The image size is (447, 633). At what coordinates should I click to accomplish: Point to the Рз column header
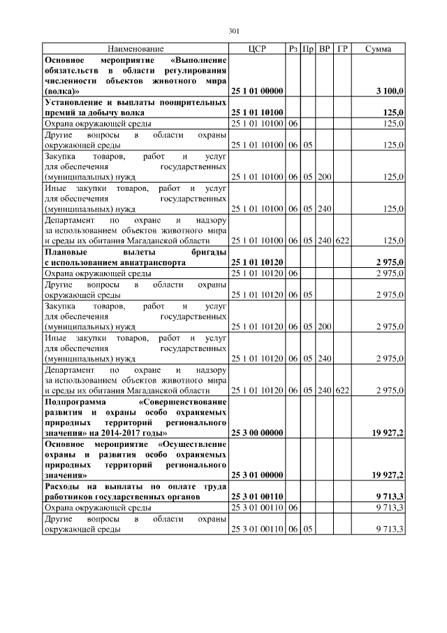pyautogui.click(x=293, y=49)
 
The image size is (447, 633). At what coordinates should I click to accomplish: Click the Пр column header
pyautogui.click(x=308, y=49)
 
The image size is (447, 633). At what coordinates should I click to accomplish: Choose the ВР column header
pyautogui.click(x=324, y=49)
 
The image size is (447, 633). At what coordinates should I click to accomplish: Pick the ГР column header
pyautogui.click(x=342, y=49)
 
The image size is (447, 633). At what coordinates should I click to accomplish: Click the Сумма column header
pyautogui.click(x=378, y=49)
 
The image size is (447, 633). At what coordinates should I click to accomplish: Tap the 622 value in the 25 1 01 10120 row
pyautogui.click(x=342, y=390)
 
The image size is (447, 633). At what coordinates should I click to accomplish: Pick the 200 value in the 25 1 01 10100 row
pyautogui.click(x=324, y=178)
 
